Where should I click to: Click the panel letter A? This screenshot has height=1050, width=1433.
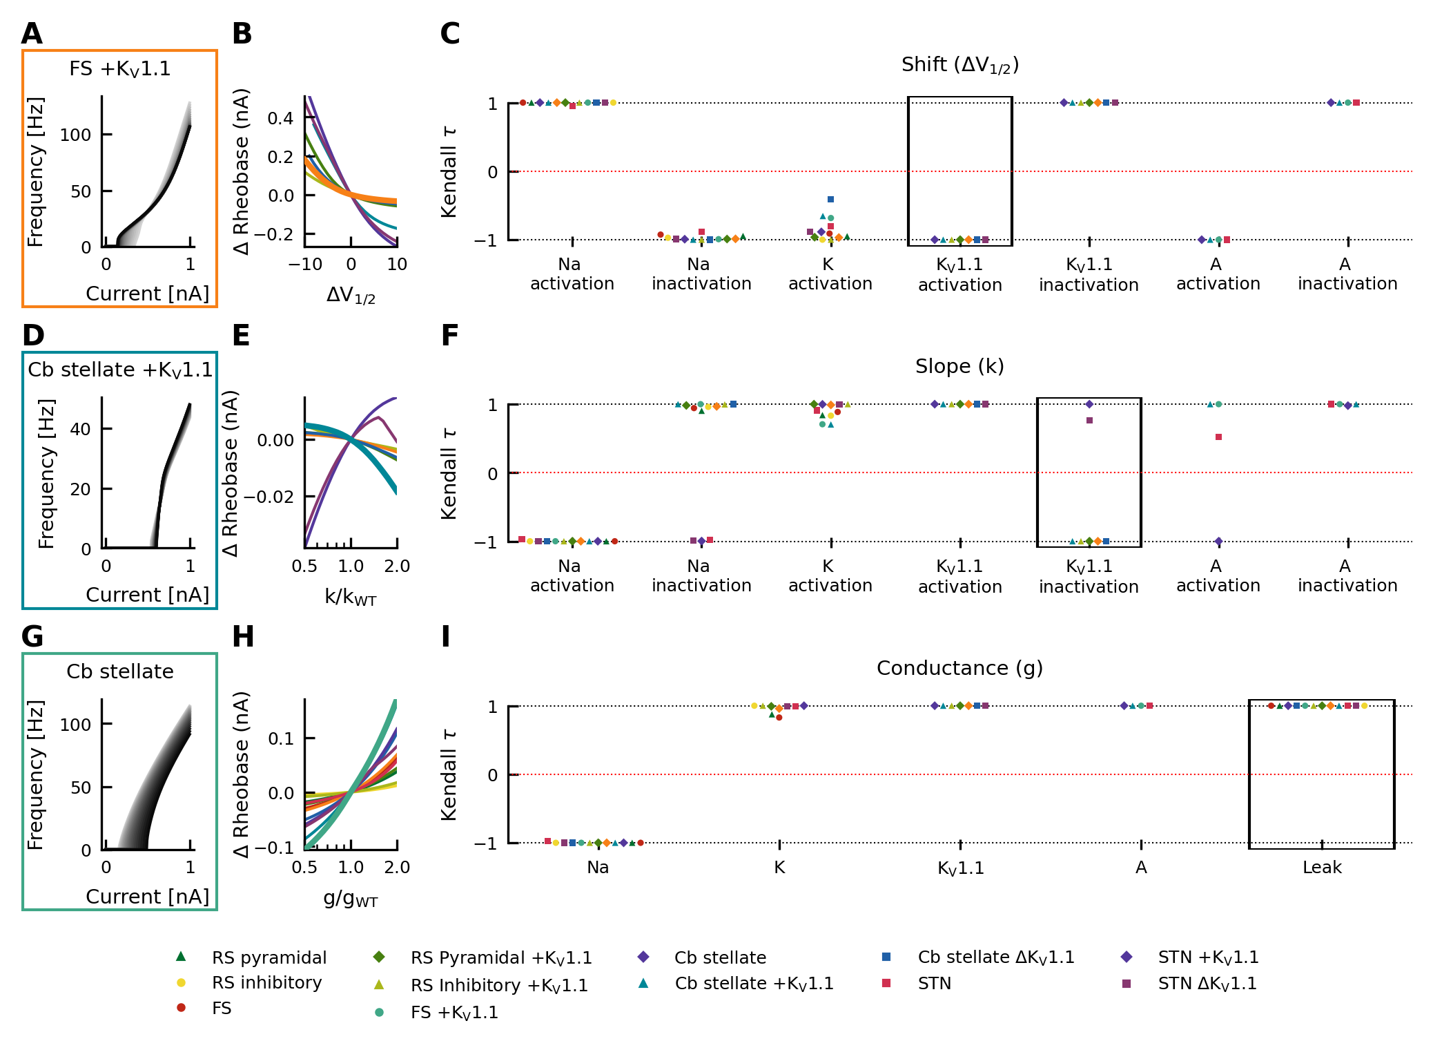[32, 34]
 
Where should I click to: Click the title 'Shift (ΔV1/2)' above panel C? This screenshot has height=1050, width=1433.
[959, 65]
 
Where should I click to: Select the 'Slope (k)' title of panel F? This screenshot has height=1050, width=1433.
[959, 366]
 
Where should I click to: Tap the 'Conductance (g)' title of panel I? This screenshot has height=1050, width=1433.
[959, 668]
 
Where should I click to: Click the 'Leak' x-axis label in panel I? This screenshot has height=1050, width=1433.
[1322, 868]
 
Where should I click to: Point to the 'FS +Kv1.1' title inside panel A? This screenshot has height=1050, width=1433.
[120, 69]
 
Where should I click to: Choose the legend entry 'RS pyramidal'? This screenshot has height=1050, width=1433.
[269, 957]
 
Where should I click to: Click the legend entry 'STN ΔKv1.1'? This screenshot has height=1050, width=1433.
[1207, 984]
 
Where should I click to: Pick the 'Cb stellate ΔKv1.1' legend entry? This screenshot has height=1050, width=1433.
[995, 957]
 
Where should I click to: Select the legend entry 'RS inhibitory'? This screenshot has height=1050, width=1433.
[266, 982]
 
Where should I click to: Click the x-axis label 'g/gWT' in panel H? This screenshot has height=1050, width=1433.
[351, 899]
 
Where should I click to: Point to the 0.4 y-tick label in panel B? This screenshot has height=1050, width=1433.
[280, 118]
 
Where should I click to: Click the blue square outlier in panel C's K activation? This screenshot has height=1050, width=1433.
[831, 200]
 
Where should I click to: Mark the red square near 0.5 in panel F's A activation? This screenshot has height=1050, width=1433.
[1219, 437]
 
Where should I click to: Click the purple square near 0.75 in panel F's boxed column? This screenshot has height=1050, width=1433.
[1090, 421]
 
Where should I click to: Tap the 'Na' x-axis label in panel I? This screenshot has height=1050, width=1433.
[598, 868]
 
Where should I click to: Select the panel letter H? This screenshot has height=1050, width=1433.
[243, 637]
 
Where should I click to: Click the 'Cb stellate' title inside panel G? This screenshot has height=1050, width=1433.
[120, 671]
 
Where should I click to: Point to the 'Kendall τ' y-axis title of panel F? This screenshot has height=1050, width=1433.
[449, 473]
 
